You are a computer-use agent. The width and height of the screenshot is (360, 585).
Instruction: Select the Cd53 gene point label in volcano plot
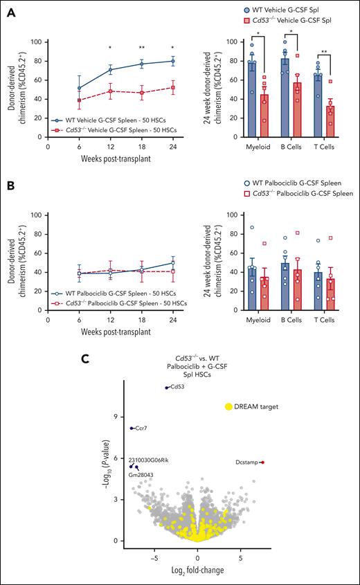(x=178, y=388)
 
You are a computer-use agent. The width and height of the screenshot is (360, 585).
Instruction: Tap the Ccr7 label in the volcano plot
(x=141, y=429)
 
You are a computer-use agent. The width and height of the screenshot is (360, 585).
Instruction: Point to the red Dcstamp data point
(x=262, y=462)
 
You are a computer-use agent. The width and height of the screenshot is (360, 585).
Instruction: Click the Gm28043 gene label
(x=143, y=475)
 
